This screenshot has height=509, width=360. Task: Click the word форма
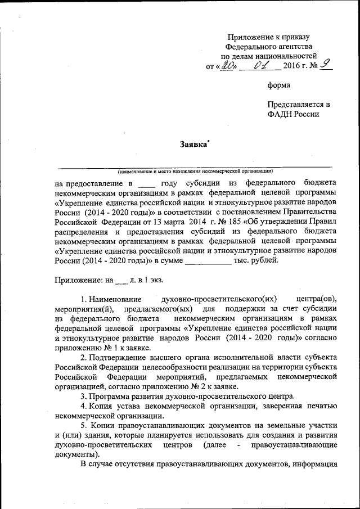[278, 85]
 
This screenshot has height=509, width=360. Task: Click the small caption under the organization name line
[195, 170]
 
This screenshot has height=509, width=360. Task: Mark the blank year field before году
[146, 184]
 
